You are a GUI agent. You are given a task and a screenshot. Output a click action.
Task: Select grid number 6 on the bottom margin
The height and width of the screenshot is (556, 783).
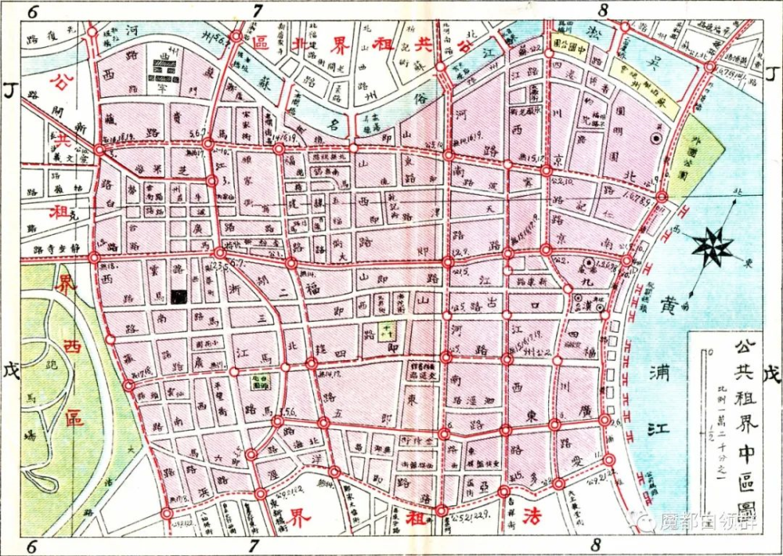tap(32, 546)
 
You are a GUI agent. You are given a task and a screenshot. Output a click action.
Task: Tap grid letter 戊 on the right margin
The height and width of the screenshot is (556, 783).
tap(771, 374)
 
